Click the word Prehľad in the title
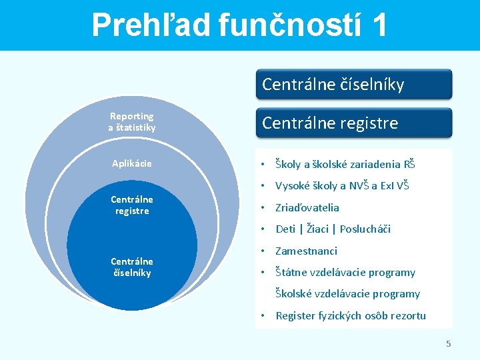pos(152,25)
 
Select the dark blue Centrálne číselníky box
pos(353,85)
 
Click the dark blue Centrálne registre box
pos(353,123)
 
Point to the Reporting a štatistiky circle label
pos(132,121)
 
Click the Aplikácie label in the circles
pos(132,163)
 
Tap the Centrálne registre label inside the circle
pos(132,205)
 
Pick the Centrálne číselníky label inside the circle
pos(132,267)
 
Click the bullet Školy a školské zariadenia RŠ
pos(345,165)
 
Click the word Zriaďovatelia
pos(307,208)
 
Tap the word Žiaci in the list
pos(317,229)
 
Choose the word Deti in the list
pos(285,229)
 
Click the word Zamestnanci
pos(307,251)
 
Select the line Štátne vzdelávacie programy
pos(345,273)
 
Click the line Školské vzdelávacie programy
pos(348,294)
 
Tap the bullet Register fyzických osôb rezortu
pos(351,316)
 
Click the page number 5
pos(449,344)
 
